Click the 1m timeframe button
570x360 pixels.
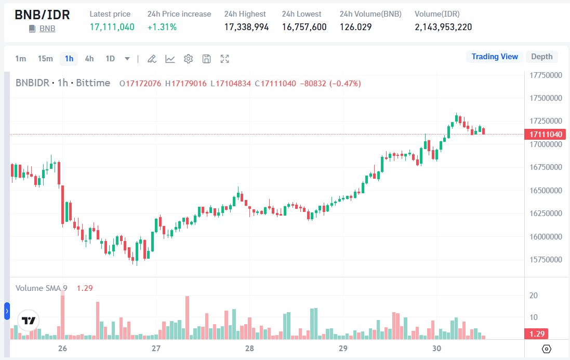pyautogui.click(x=20, y=59)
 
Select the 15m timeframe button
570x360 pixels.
pyautogui.click(x=45, y=59)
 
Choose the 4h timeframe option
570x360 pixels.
pyautogui.click(x=89, y=59)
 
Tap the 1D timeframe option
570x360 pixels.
pyautogui.click(x=110, y=59)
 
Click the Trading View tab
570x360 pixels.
pyautogui.click(x=495, y=57)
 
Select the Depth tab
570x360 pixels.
pyautogui.click(x=542, y=57)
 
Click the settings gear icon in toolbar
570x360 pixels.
pyautogui.click(x=188, y=59)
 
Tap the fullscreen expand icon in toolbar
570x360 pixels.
pyautogui.click(x=224, y=59)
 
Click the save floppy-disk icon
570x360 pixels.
pyautogui.click(x=206, y=59)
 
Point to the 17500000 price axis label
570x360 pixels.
pyautogui.click(x=546, y=98)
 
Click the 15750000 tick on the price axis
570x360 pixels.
pyautogui.click(x=546, y=260)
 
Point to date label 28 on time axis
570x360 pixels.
pyautogui.click(x=249, y=348)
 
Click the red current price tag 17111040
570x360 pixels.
pyautogui.click(x=546, y=135)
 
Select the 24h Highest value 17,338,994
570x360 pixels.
pyautogui.click(x=246, y=27)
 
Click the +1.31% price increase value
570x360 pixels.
pyautogui.click(x=162, y=27)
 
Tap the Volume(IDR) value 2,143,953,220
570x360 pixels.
pyautogui.click(x=443, y=27)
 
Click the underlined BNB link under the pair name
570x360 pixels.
pyautogui.click(x=47, y=29)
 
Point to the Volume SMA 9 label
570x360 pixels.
pyautogui.click(x=42, y=288)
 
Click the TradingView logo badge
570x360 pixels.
pyautogui.click(x=29, y=321)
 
